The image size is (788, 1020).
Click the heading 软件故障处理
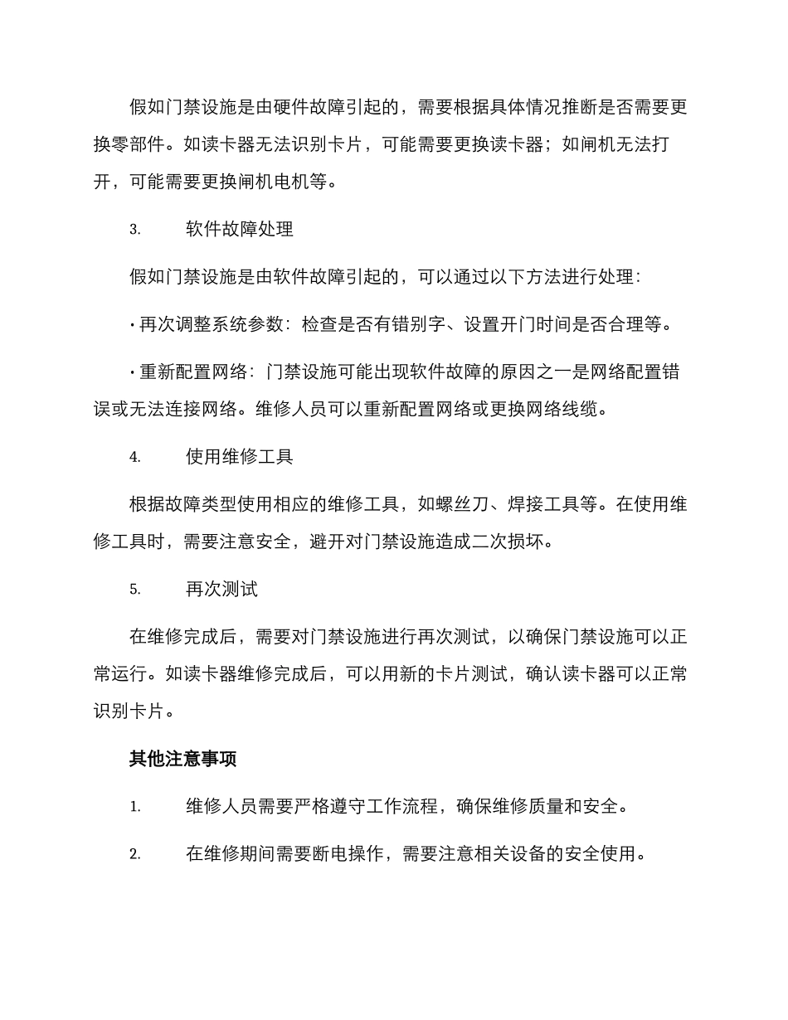[240, 229]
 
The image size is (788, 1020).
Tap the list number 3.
[135, 230]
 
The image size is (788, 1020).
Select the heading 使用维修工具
[240, 456]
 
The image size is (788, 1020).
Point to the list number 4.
[135, 457]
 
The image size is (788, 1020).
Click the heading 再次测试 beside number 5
[221, 589]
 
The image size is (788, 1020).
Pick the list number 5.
[135, 590]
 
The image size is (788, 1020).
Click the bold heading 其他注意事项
[183, 758]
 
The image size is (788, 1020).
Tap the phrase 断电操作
[345, 854]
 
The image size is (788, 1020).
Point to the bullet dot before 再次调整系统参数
[133, 326]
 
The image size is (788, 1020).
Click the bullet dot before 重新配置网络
[133, 372]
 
